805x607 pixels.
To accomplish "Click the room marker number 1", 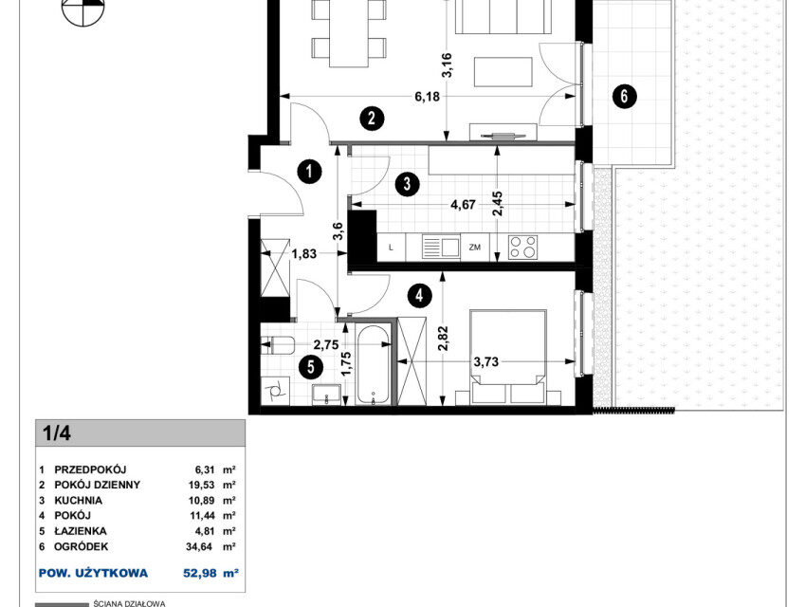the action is click(x=309, y=172).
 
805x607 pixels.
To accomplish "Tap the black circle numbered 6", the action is click(x=624, y=96).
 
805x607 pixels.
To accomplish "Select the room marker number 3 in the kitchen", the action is click(x=407, y=183).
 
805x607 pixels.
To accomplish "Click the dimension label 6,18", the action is click(x=427, y=96).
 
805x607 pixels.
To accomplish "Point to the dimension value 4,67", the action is click(x=463, y=205).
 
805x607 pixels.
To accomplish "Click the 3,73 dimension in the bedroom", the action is click(x=485, y=361).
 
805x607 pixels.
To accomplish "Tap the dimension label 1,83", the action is click(x=304, y=253).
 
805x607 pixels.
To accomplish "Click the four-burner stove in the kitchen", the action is click(x=523, y=247).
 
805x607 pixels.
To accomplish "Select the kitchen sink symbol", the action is click(x=441, y=247).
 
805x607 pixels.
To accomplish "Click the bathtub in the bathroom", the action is click(x=374, y=364).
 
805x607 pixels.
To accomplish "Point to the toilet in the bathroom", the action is click(x=277, y=345).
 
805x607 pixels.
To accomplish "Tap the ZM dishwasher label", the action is click(x=474, y=247).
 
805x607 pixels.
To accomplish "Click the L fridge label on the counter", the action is click(x=392, y=248).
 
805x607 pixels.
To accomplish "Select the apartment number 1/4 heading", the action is click(x=57, y=433).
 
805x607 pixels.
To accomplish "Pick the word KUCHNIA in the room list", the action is click(x=79, y=500).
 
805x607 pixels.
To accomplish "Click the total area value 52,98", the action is click(x=198, y=573).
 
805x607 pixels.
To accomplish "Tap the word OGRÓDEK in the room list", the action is click(x=82, y=546).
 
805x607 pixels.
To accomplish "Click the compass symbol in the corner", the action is click(x=83, y=9).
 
